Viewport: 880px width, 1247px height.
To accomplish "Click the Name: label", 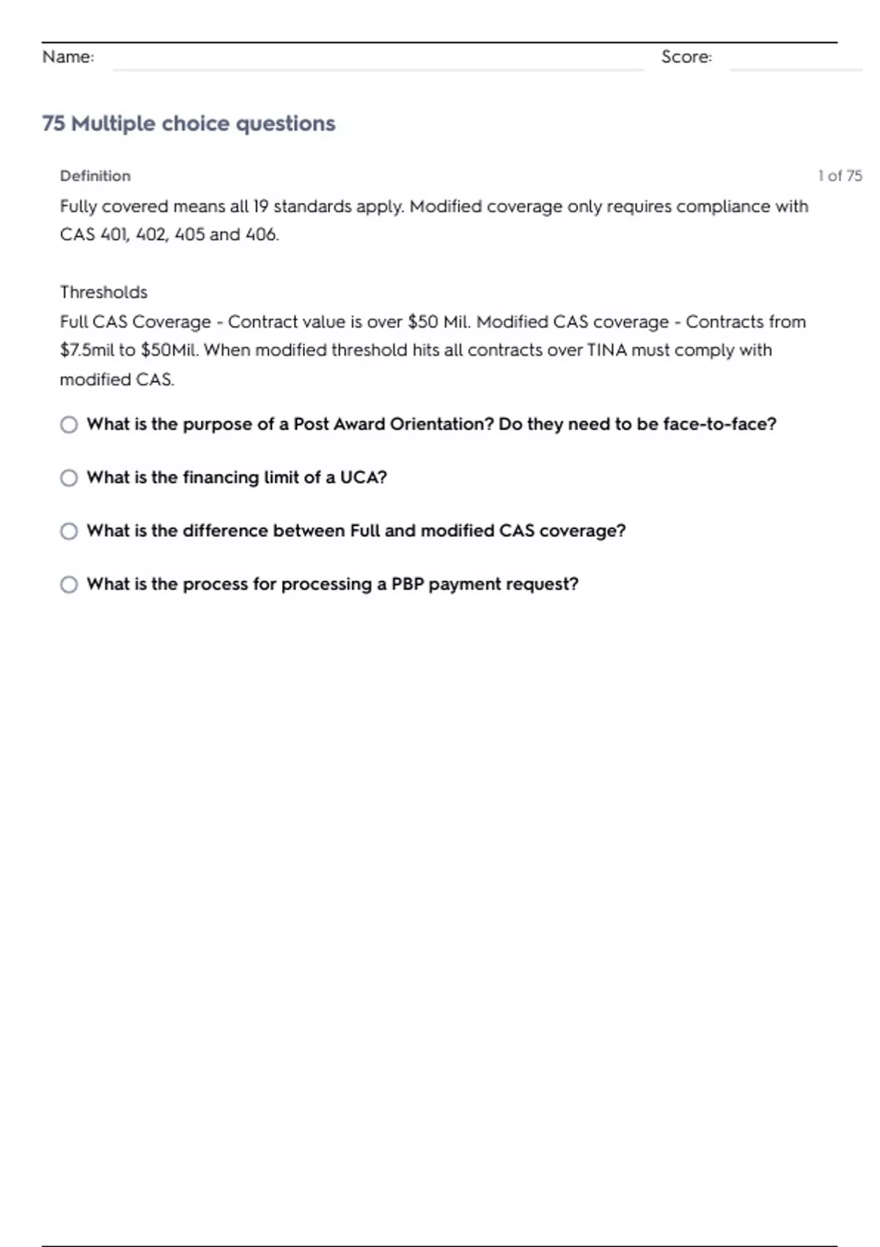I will (x=68, y=56).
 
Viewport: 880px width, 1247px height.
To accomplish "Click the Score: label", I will (x=686, y=56).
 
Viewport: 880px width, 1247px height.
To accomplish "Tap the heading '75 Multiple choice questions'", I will (x=188, y=123).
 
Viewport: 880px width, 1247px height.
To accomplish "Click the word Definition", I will (x=95, y=176).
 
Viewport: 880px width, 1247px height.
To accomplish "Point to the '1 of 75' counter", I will (x=840, y=176).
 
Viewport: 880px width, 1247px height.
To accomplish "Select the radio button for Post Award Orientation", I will (x=69, y=425).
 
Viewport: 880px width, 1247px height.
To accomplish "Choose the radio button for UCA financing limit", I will (x=69, y=478).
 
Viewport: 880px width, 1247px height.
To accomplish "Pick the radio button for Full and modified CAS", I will (x=69, y=531).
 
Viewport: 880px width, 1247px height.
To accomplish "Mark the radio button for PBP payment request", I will (x=69, y=585).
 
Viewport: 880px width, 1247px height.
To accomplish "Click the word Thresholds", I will (x=103, y=292).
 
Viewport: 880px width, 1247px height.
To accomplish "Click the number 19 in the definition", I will (x=260, y=206).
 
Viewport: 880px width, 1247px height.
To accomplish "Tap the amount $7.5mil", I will (x=87, y=350).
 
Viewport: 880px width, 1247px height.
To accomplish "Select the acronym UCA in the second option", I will (x=362, y=478).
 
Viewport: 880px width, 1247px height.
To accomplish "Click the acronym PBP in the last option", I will (x=407, y=584).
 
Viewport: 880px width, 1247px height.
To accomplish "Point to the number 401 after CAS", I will (x=115, y=235).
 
